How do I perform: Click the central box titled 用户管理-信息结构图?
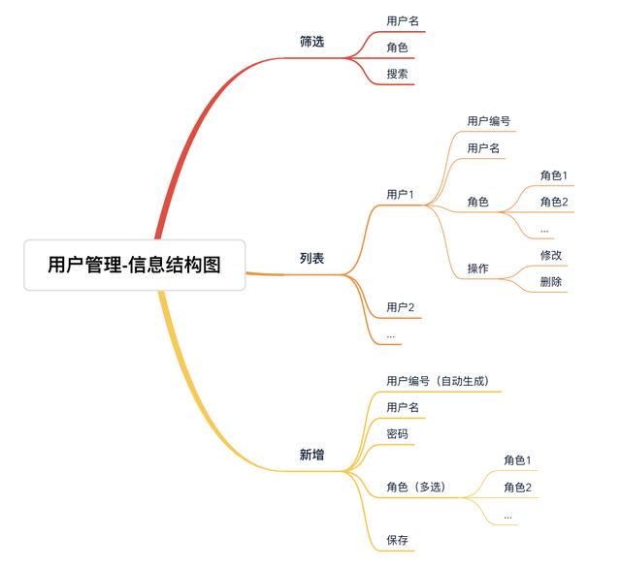tap(135, 265)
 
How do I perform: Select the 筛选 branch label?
tap(312, 41)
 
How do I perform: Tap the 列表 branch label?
tap(312, 258)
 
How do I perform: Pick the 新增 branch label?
tap(312, 455)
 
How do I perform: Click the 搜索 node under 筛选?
tap(397, 74)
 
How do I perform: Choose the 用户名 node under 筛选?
tap(403, 21)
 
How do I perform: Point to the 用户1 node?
tap(400, 194)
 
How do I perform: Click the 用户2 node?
tap(401, 307)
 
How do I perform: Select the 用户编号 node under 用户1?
tap(489, 121)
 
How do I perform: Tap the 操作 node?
tap(478, 268)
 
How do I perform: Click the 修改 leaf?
tap(551, 255)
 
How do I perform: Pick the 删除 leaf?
tap(551, 282)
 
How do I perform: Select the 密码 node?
tap(397, 434)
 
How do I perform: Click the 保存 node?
tap(397, 540)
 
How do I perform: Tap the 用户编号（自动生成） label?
tap(438, 381)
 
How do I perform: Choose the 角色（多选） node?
tap(416, 487)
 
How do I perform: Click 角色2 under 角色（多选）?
tap(517, 487)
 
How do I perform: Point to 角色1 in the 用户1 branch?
tap(554, 175)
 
